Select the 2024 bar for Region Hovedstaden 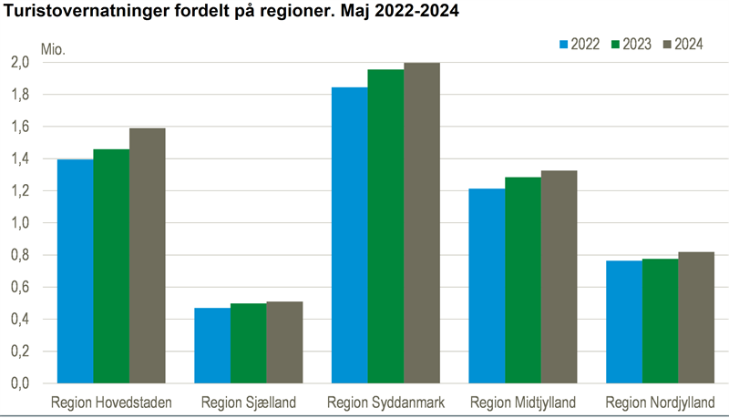tap(148, 256)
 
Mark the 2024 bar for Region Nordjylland tap(696, 318)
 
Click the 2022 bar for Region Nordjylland tap(624, 322)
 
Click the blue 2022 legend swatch tap(563, 44)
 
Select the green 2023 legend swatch tap(615, 44)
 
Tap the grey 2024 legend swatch tap(668, 44)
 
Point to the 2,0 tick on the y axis tap(20, 63)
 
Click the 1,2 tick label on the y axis tap(20, 191)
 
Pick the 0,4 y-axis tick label tap(20, 320)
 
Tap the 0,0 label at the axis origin tap(20, 383)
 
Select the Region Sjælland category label tap(248, 402)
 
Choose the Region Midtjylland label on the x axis tap(523, 402)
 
